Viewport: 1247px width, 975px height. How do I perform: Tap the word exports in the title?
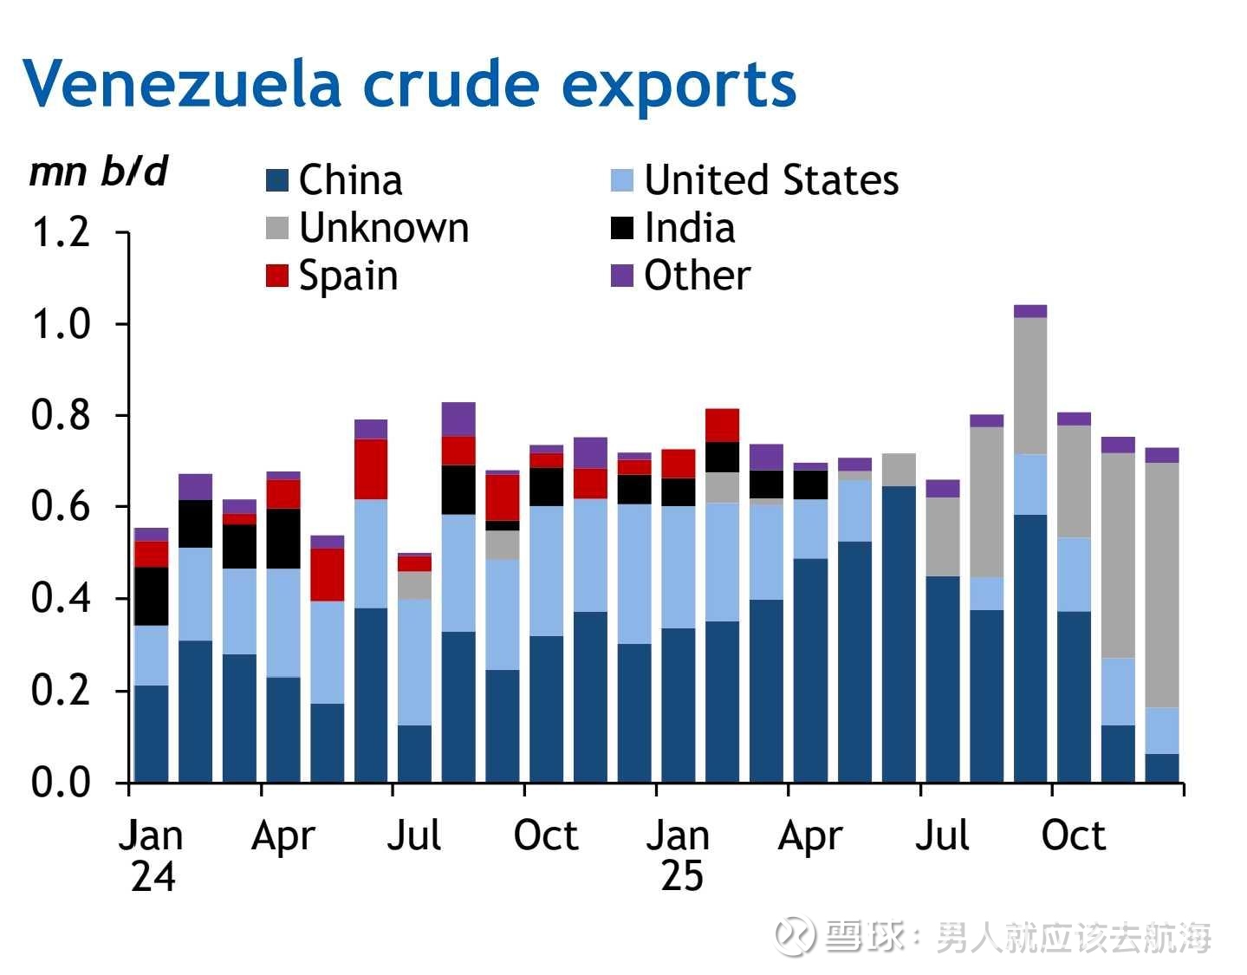[679, 84]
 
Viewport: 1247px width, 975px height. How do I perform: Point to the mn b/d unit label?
[98, 172]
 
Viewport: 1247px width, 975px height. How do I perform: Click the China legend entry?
[334, 180]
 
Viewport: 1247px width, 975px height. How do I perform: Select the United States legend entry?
[754, 180]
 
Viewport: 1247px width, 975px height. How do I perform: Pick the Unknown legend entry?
[367, 228]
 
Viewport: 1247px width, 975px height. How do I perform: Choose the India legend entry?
[673, 228]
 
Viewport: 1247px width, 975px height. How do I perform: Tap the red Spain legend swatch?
[276, 276]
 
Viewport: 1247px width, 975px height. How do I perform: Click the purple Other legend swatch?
[622, 276]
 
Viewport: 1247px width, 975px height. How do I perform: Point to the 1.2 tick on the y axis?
[61, 232]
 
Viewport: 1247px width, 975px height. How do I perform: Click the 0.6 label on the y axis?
[61, 507]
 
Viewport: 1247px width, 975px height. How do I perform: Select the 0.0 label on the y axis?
[61, 783]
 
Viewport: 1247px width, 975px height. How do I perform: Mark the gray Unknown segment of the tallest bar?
[1030, 386]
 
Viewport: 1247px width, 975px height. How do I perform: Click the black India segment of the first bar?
[152, 596]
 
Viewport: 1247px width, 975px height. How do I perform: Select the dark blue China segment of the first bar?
[152, 733]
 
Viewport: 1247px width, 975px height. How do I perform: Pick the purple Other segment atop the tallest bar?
[1030, 311]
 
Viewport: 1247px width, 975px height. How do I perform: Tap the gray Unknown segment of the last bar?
[1162, 585]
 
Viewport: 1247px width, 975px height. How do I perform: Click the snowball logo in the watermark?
[795, 937]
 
